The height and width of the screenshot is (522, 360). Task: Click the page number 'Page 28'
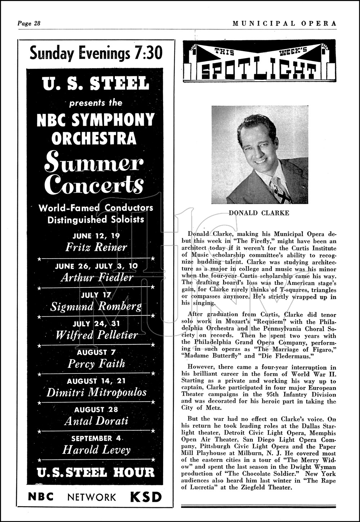(29, 23)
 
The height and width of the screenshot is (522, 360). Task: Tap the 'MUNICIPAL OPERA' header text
(284, 23)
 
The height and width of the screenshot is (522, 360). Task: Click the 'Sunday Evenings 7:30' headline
(96, 53)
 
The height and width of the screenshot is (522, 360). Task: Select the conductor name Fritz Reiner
(96, 247)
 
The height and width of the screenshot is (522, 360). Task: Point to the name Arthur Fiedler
(97, 277)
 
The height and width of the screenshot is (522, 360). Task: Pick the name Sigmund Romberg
(96, 306)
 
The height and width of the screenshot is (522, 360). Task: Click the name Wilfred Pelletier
(96, 335)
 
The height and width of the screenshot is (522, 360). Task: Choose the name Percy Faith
(96, 363)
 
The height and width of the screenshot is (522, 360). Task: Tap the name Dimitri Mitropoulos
(96, 392)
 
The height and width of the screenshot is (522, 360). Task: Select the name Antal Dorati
(96, 421)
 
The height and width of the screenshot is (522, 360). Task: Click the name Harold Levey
(96, 450)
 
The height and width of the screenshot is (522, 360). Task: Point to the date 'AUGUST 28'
(96, 409)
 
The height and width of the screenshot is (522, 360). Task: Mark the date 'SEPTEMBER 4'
(96, 438)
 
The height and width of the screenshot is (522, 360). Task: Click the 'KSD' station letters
(146, 497)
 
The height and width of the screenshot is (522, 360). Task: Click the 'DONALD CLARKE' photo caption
(259, 213)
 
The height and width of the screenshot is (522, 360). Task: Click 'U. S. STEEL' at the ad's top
(95, 83)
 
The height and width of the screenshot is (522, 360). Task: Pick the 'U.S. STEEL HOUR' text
(96, 472)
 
